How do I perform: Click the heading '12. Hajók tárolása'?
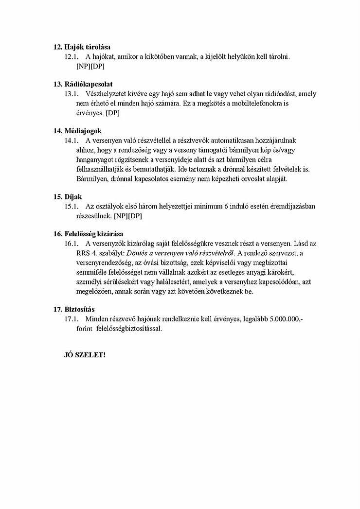pyautogui.click(x=82, y=47)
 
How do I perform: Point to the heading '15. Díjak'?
pyautogui.click(x=68, y=196)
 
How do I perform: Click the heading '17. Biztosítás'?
pyautogui.click(x=74, y=309)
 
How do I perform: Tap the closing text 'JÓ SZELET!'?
pyautogui.click(x=85, y=355)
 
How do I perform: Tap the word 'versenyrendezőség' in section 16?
pyautogui.click(x=105, y=263)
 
